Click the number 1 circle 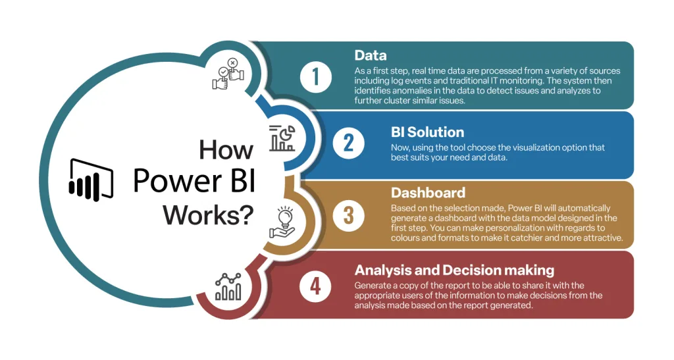316,77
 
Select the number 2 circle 349,143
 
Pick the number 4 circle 315,286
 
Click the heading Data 371,55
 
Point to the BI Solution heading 427,132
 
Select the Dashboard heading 428,192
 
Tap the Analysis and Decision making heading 454,270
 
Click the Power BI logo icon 91,180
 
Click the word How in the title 226,150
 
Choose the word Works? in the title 209,215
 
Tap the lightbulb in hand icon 282,222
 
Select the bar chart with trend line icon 228,286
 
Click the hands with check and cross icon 228,74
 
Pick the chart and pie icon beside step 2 282,138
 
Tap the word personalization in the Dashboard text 526,228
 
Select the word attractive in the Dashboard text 603,238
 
